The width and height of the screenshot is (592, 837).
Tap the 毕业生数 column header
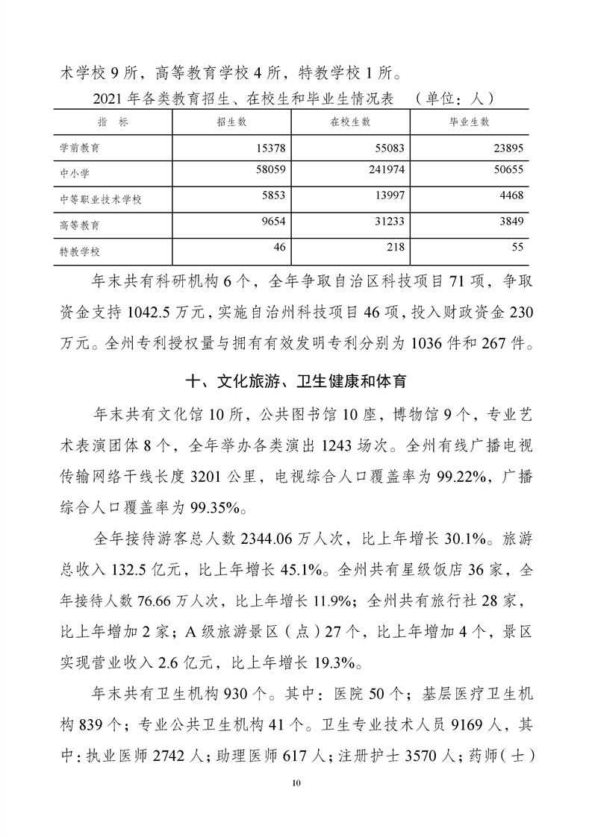tap(470, 122)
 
